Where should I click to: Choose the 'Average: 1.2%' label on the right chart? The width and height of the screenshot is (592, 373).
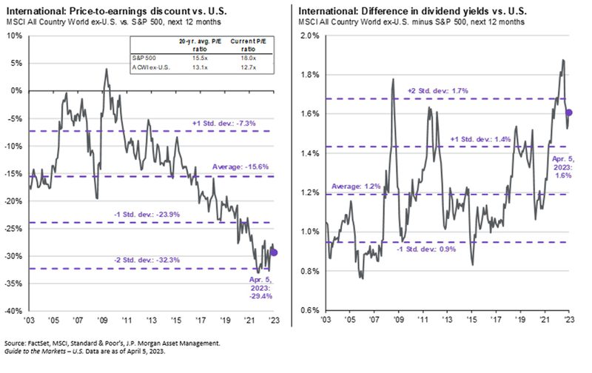pos(357,185)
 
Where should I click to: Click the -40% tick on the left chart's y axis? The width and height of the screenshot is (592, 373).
pos(13,312)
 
